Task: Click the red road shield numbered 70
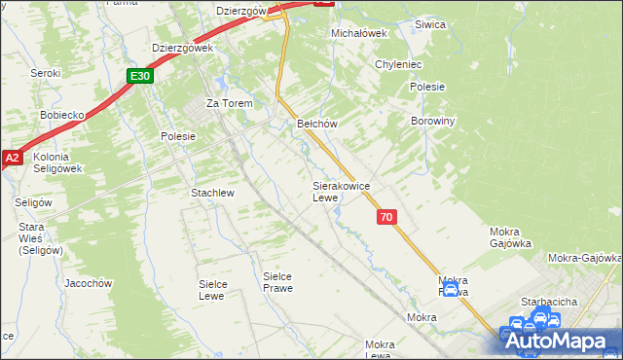pyautogui.click(x=386, y=218)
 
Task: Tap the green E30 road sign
pyautogui.click(x=140, y=75)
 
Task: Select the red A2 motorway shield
pyautogui.click(x=11, y=158)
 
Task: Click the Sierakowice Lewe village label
pyautogui.click(x=340, y=191)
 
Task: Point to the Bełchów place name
pyautogui.click(x=316, y=124)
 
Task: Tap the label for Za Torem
pyautogui.click(x=229, y=103)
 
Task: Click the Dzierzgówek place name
pyautogui.click(x=183, y=47)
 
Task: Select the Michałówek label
pyautogui.click(x=359, y=32)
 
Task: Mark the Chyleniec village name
pyautogui.click(x=397, y=64)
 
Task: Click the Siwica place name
pyautogui.click(x=429, y=24)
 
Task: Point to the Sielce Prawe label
pyautogui.click(x=277, y=282)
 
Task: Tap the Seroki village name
pyautogui.click(x=45, y=73)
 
